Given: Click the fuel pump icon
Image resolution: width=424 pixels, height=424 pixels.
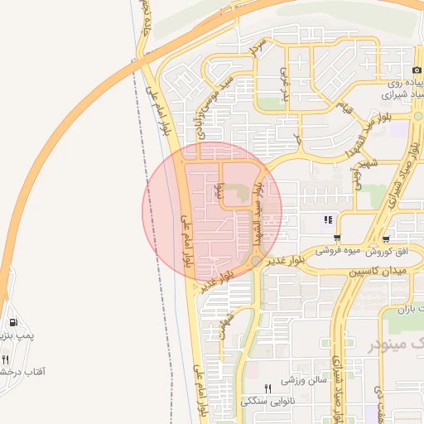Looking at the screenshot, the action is [12, 322].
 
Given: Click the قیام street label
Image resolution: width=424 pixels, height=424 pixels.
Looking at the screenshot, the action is [345, 107].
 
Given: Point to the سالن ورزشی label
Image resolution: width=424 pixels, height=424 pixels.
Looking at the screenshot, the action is [299, 382].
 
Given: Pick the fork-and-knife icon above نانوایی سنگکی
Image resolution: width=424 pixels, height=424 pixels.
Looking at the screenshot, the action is [267, 388].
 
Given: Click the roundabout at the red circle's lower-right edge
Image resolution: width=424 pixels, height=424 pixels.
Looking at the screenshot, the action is [257, 260].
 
